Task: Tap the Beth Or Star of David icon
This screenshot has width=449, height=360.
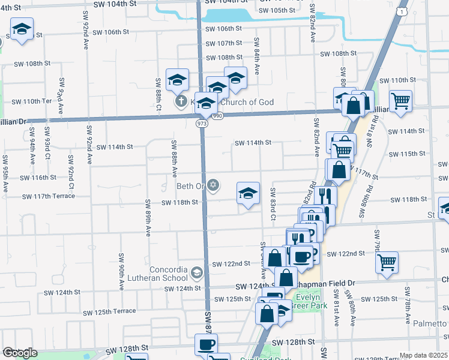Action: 213,184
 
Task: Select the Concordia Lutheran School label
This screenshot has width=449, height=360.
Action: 159,273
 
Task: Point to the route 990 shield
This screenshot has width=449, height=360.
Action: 217,115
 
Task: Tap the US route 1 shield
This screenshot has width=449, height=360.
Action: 406,12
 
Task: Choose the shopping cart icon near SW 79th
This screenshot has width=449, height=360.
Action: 387,261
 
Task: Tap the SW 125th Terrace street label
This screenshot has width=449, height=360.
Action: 110,312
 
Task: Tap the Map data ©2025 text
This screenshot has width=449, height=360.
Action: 423,355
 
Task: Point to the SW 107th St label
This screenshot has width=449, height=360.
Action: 223,44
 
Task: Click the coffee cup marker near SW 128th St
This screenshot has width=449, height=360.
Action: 206,344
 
